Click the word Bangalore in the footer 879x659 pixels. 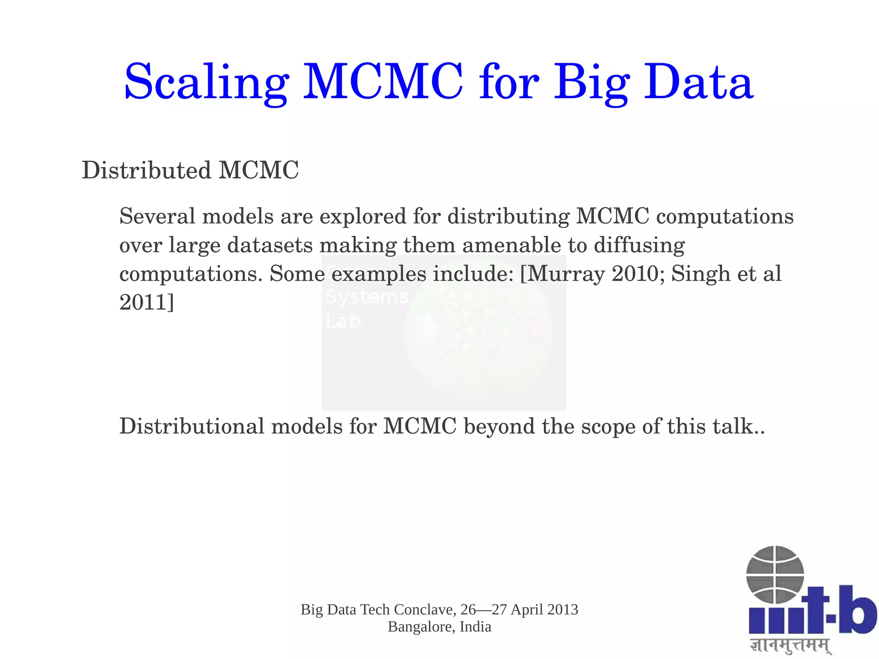pos(421,627)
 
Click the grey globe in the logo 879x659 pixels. pos(775,574)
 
